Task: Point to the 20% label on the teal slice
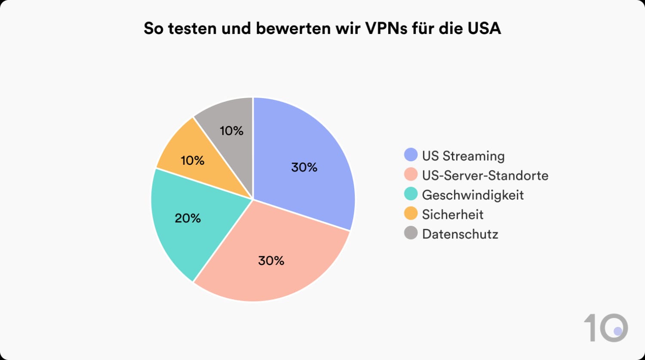[x=188, y=218]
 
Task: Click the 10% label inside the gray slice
[x=231, y=131]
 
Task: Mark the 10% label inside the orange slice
[x=192, y=161]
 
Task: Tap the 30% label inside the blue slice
[x=304, y=167]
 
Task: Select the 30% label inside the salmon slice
[x=271, y=261]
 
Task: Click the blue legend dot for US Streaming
[x=411, y=155]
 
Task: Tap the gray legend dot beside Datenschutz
[x=411, y=234]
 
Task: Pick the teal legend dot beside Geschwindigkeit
[x=411, y=194]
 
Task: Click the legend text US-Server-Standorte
[x=485, y=175]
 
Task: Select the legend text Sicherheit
[x=452, y=214]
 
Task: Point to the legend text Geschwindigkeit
[x=473, y=195]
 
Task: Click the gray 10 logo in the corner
[x=605, y=328]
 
